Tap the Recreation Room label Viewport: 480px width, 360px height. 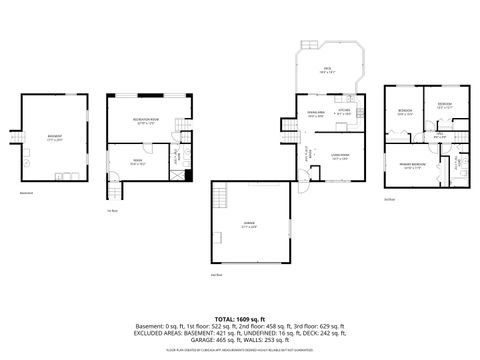[148, 120]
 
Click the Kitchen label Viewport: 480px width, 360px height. [343, 111]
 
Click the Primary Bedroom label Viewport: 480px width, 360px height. [411, 166]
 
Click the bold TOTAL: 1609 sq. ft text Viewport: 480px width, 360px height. [239, 316]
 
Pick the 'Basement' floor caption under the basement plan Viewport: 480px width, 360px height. [28, 194]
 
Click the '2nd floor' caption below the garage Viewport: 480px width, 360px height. [216, 273]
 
